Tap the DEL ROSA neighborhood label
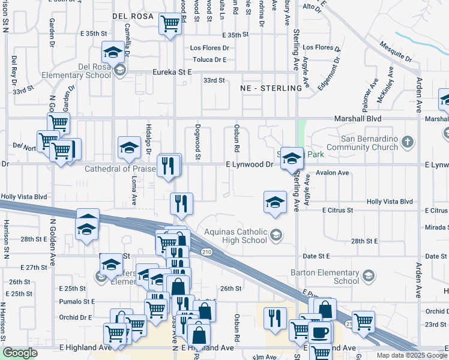pyautogui.click(x=133, y=16)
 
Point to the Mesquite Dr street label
pyautogui.click(x=396, y=52)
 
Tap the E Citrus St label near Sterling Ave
pyautogui.click(x=337, y=211)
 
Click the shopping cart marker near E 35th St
pyautogui.click(x=170, y=24)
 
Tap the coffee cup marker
pyautogui.click(x=319, y=332)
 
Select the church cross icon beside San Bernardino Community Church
pyautogui.click(x=408, y=142)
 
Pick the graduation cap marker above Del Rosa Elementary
pyautogui.click(x=113, y=52)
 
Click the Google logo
pyautogui.click(x=20, y=353)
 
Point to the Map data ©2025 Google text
pyautogui.click(x=411, y=355)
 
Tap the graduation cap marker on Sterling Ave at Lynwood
pyautogui.click(x=292, y=158)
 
